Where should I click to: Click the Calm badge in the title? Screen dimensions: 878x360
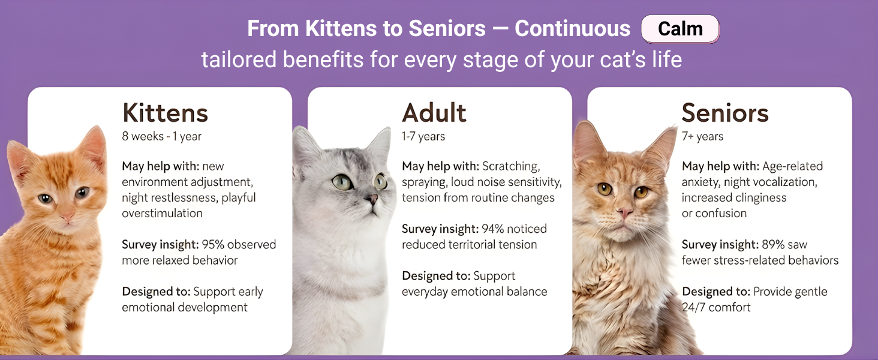pyautogui.click(x=680, y=29)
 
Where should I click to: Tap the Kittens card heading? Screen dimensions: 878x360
pyautogui.click(x=165, y=113)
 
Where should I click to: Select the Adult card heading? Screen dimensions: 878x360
pyautogui.click(x=434, y=113)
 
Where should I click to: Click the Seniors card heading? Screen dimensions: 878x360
pyautogui.click(x=725, y=113)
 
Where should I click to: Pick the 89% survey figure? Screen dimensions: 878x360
pyautogui.click(x=773, y=244)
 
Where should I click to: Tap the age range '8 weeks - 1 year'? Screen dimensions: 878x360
pyautogui.click(x=161, y=136)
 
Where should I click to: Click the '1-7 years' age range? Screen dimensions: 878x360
pyautogui.click(x=423, y=136)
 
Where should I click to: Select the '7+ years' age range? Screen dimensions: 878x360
pyautogui.click(x=702, y=136)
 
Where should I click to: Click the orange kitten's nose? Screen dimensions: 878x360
pyautogui.click(x=67, y=216)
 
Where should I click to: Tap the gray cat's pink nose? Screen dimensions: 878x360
pyautogui.click(x=372, y=199)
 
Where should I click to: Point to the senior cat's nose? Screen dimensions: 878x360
pyautogui.click(x=624, y=213)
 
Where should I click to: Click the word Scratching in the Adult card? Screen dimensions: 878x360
pyautogui.click(x=511, y=166)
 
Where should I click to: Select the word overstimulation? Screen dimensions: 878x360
pyautogui.click(x=163, y=213)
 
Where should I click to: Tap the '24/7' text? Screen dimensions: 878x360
pyautogui.click(x=693, y=307)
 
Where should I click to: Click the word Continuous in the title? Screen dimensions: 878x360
pyautogui.click(x=572, y=29)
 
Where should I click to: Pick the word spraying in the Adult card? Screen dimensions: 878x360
pyautogui.click(x=424, y=182)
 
